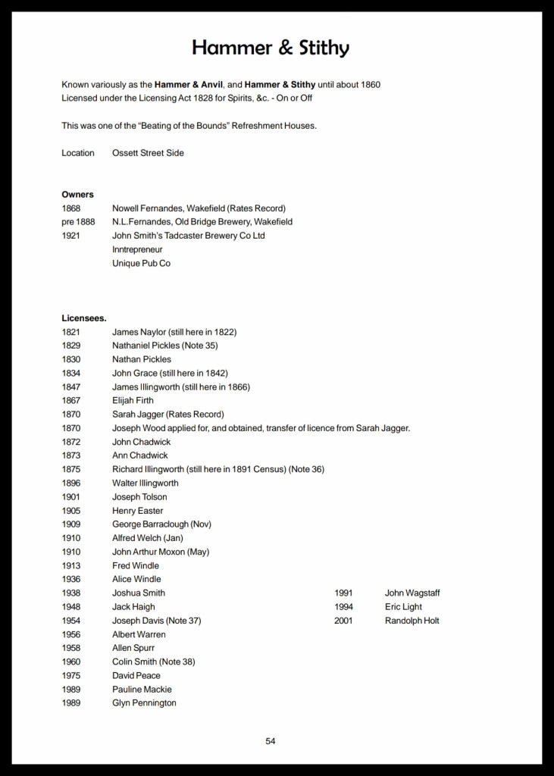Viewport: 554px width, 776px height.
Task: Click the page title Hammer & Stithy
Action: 271,48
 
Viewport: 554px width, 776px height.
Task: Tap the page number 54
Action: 271,741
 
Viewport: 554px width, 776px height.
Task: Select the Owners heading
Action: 77,195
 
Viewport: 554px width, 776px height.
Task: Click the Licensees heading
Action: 84,318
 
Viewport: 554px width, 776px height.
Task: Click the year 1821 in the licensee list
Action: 71,332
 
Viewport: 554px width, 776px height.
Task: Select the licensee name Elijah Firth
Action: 132,401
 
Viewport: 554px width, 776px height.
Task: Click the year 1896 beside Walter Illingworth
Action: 71,483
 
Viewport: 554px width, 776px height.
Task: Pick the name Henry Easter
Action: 138,511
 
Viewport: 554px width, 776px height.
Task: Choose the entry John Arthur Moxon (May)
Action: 161,552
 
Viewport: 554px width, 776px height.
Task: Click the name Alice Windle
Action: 136,580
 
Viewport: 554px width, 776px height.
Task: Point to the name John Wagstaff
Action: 412,593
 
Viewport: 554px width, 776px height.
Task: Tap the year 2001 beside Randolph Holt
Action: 343,621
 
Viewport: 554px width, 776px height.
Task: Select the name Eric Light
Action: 404,607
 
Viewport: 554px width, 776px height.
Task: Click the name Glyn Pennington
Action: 144,703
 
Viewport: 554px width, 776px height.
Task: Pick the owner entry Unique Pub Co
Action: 142,263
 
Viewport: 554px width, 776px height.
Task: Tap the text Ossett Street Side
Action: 148,153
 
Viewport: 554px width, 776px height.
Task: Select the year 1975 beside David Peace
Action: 71,676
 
